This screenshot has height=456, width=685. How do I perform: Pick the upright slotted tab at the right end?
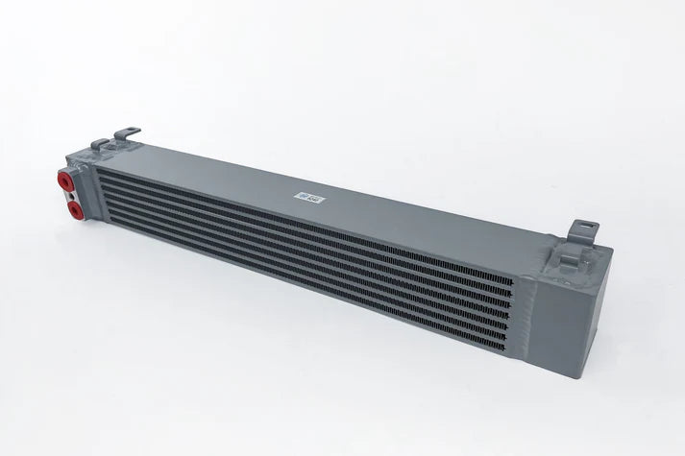(x=585, y=228)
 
